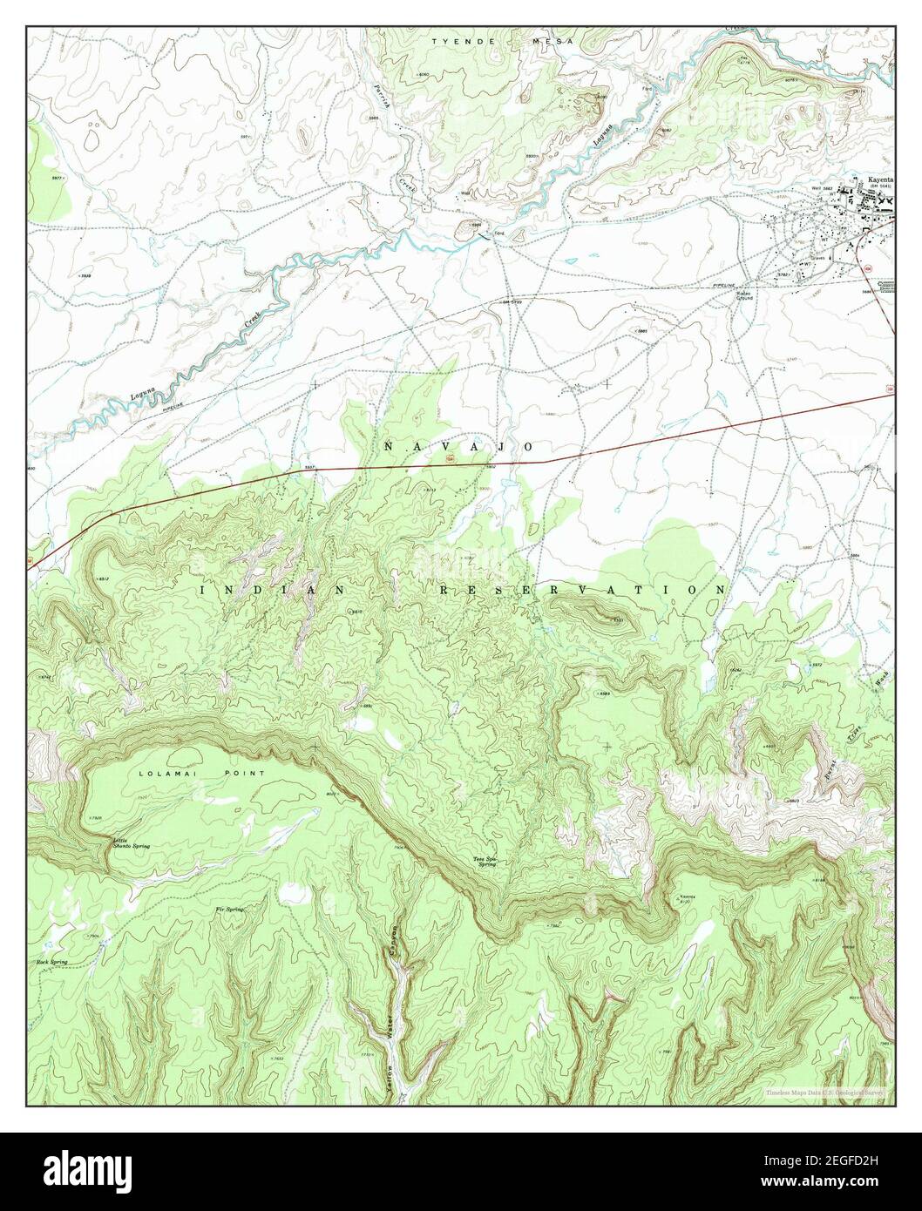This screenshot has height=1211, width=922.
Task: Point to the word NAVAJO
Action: pyautogui.click(x=458, y=446)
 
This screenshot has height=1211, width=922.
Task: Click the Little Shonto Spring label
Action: pyautogui.click(x=131, y=843)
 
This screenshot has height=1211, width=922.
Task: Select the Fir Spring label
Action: pyautogui.click(x=229, y=909)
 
